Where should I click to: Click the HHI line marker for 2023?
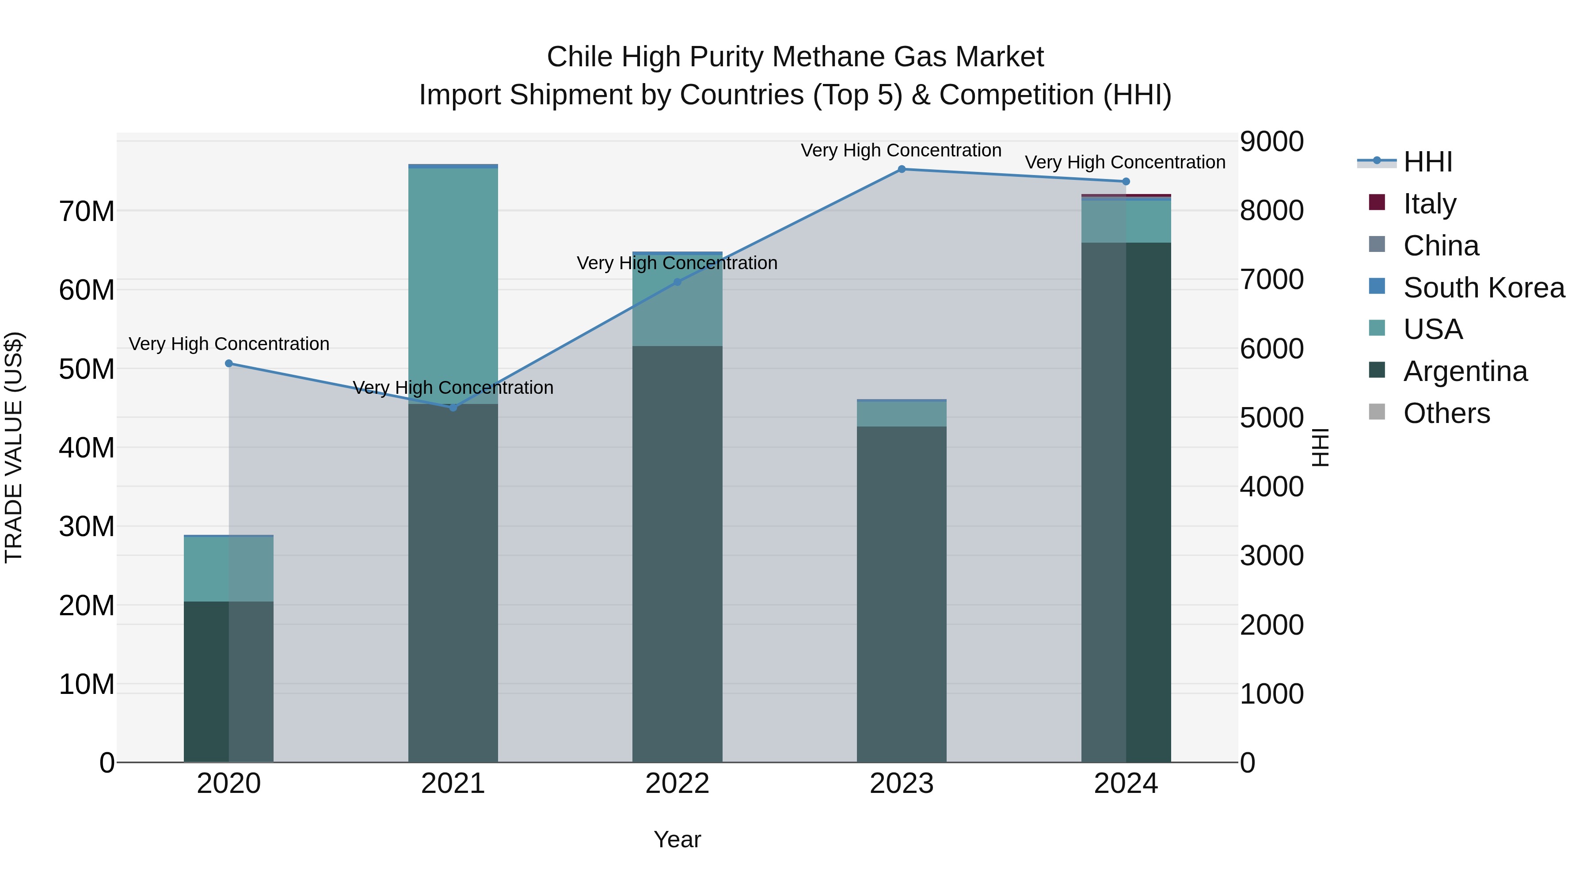(x=901, y=169)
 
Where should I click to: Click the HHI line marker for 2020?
(x=228, y=363)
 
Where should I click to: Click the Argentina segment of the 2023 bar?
(x=901, y=593)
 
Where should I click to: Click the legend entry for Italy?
(x=1429, y=204)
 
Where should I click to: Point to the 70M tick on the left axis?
(x=87, y=211)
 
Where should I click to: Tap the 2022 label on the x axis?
(x=677, y=784)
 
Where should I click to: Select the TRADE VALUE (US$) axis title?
(x=14, y=447)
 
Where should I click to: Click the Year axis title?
(x=677, y=839)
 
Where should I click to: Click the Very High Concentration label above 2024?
(x=1125, y=163)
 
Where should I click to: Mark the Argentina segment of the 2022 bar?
(x=677, y=556)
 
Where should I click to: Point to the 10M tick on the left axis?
(x=87, y=684)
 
